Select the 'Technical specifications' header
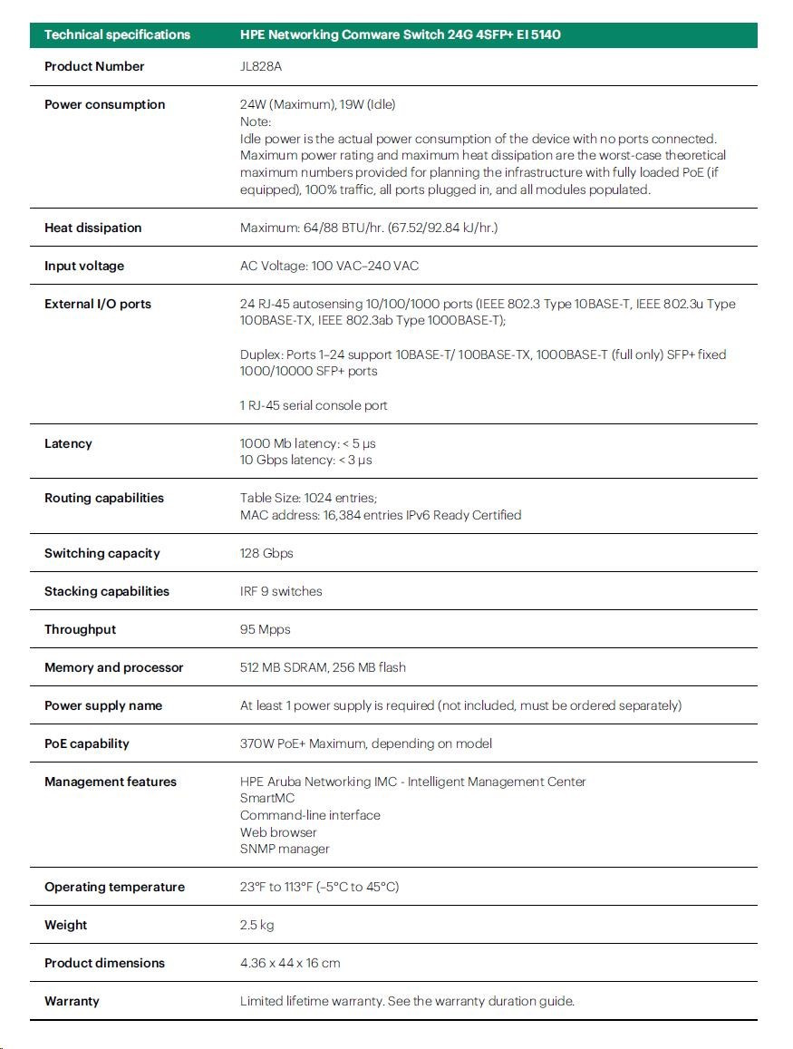tap(117, 34)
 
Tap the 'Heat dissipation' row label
tap(92, 228)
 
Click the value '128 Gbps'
tap(266, 553)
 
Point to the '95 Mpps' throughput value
tap(265, 629)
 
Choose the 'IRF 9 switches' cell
tap(281, 591)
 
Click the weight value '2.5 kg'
tap(256, 925)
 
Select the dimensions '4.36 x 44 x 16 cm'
tap(290, 963)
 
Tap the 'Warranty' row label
tap(72, 1001)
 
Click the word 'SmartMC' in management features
tap(266, 799)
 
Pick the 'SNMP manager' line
tap(285, 849)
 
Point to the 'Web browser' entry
tap(278, 832)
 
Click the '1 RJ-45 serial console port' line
tap(314, 405)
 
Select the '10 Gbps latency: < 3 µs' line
tap(305, 460)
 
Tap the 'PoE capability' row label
tap(87, 743)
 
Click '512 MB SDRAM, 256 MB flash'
tap(323, 667)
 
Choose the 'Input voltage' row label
tap(84, 266)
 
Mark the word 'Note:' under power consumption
tap(256, 121)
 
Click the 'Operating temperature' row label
tap(114, 887)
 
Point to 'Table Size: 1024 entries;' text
tap(308, 498)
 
